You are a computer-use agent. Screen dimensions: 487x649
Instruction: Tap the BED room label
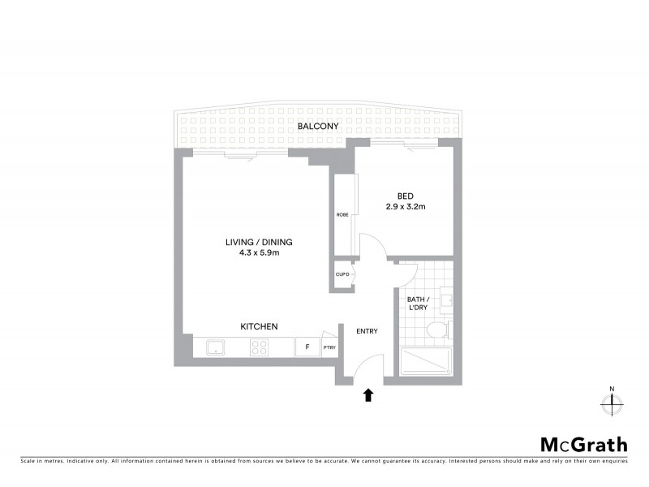coord(405,196)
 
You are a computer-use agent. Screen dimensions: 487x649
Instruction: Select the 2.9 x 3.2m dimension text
coord(406,207)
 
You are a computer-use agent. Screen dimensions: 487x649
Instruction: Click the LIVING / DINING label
coord(259,242)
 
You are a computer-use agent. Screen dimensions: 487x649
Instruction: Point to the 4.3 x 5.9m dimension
coord(259,253)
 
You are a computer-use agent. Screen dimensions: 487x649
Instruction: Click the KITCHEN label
coord(259,326)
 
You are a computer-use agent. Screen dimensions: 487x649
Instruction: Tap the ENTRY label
coord(367,331)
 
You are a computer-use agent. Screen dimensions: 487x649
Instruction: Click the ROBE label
coord(342,215)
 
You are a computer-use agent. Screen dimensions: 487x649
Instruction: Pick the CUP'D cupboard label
coord(342,274)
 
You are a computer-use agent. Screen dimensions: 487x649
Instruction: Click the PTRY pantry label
coord(329,348)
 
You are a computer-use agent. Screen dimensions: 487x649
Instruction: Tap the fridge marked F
coord(307,347)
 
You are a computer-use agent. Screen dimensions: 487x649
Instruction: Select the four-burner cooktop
coord(260,347)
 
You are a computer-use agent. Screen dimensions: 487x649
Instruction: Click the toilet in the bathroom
coord(438,330)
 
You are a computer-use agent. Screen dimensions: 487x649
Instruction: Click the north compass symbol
coord(612,401)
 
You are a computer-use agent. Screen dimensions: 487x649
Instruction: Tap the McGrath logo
coord(584,444)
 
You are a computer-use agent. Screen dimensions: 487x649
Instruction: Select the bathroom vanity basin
coord(445,298)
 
